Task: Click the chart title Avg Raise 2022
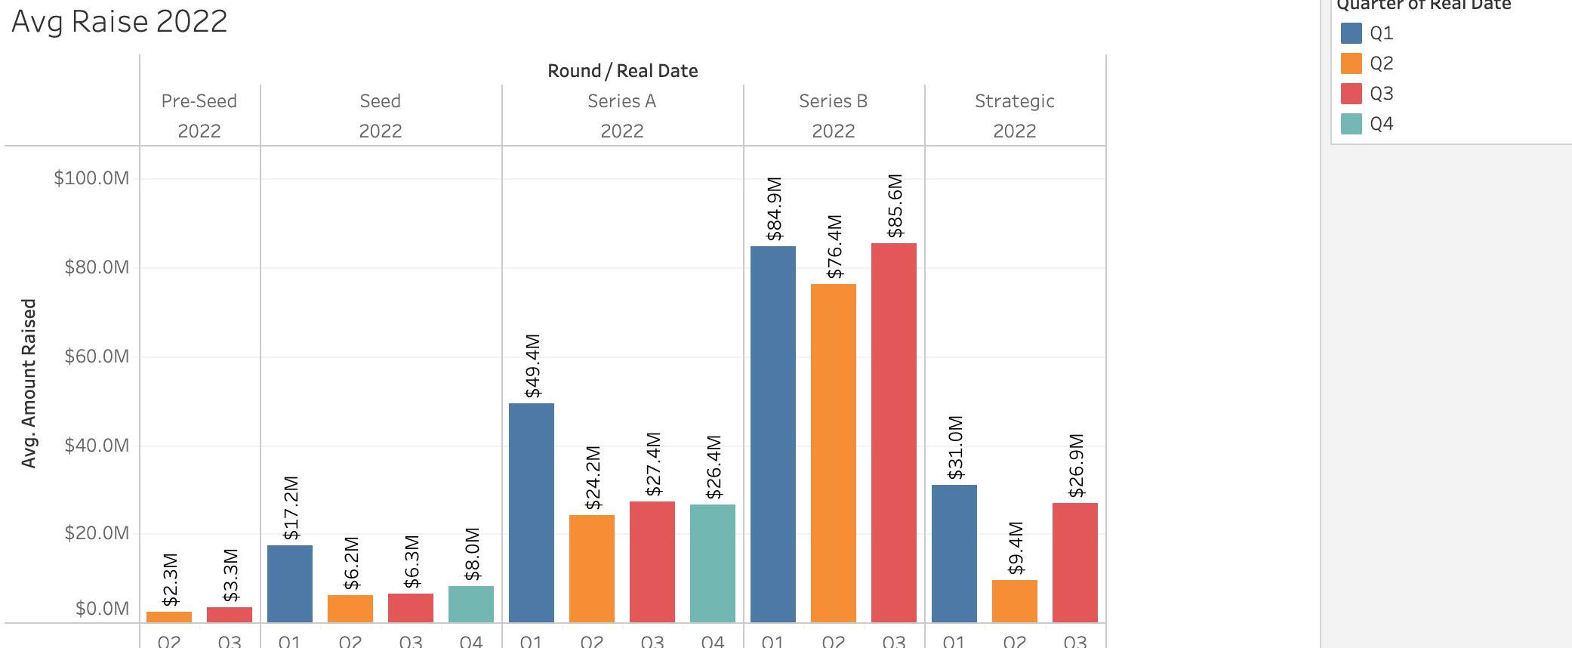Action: click(x=119, y=21)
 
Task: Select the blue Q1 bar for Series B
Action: click(x=772, y=434)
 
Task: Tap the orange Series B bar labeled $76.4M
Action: click(x=833, y=452)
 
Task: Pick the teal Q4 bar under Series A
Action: click(x=712, y=563)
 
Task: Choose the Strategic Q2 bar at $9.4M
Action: click(x=1014, y=600)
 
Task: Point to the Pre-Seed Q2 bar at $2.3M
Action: click(x=169, y=616)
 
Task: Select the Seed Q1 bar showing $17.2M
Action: click(x=289, y=583)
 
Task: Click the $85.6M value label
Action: click(x=895, y=206)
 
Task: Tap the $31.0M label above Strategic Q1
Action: click(x=955, y=447)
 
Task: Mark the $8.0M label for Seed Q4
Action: click(x=472, y=554)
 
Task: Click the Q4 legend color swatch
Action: click(x=1351, y=124)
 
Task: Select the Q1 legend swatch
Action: click(x=1351, y=33)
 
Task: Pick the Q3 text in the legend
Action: click(x=1382, y=94)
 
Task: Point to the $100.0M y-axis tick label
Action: click(x=91, y=178)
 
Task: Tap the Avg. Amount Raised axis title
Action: click(x=29, y=383)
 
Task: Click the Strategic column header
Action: click(x=1014, y=101)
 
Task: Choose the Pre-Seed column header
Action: click(x=199, y=101)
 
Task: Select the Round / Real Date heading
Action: click(x=622, y=71)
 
